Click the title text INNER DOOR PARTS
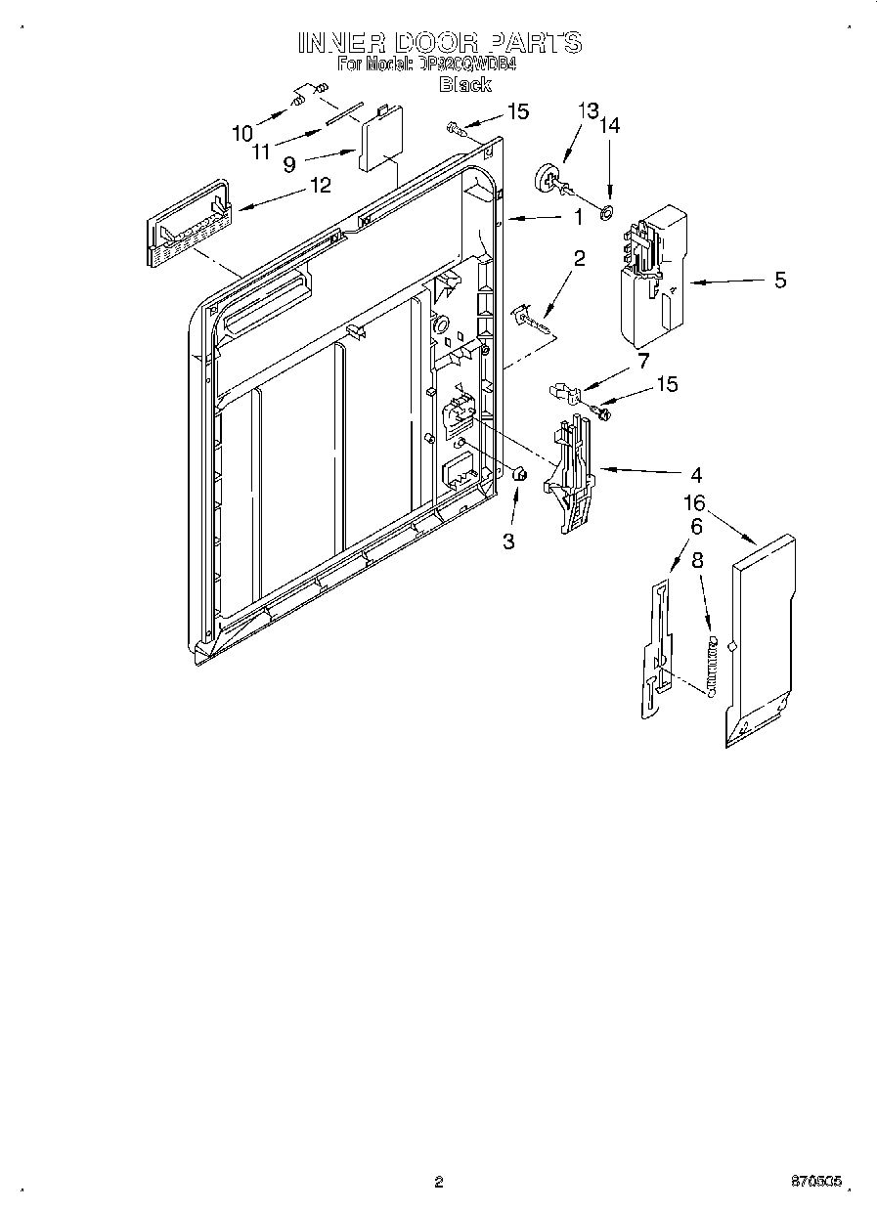coord(439,42)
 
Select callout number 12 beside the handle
coord(320,184)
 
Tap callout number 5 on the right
coord(779,281)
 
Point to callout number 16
coord(695,504)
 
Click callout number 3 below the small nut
coord(508,541)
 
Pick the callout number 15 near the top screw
coord(516,111)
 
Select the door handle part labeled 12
coord(187,224)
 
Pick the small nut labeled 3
coord(520,474)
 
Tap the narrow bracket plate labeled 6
coord(656,650)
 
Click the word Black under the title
coord(464,85)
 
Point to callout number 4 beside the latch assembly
coord(695,476)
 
